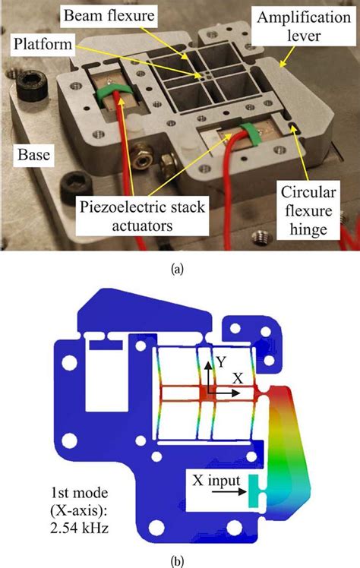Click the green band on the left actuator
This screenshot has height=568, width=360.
(x=114, y=94)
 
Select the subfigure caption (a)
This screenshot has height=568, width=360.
(x=180, y=266)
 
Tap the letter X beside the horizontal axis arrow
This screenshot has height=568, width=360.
(x=238, y=377)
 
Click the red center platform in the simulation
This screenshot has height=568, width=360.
(x=209, y=393)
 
